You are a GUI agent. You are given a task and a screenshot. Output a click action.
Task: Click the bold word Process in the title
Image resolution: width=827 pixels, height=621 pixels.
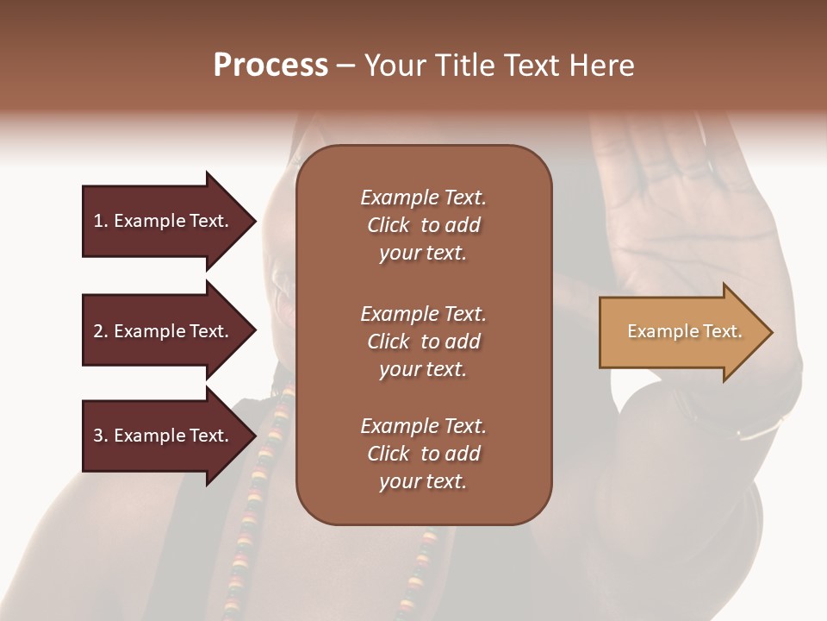[x=270, y=66]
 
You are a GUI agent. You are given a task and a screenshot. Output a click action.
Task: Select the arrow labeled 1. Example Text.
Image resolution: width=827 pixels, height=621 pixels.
[x=164, y=221]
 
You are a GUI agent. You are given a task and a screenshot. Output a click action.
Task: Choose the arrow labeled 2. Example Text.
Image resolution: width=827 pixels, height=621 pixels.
[x=164, y=331]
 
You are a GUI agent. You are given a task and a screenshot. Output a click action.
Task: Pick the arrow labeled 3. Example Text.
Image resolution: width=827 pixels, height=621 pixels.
[x=164, y=436]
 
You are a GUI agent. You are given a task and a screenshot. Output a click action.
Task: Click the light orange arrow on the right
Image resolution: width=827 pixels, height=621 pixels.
[x=681, y=332]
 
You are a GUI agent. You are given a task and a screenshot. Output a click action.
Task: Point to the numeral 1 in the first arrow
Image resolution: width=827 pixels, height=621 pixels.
[x=98, y=221]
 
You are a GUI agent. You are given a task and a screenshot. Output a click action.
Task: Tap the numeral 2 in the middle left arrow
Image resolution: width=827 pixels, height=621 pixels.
[x=98, y=331]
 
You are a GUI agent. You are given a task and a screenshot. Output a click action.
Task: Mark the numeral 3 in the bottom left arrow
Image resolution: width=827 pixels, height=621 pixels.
[x=98, y=436]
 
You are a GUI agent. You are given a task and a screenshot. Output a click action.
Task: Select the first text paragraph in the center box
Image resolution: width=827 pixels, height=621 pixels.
[x=423, y=225]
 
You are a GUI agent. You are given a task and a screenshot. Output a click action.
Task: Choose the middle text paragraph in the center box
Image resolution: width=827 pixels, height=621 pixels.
[x=423, y=341]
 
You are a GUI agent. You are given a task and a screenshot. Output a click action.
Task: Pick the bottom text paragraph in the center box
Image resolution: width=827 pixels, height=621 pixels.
[x=423, y=454]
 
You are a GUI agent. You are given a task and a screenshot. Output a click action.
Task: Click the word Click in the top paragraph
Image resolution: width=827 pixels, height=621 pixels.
[x=388, y=225]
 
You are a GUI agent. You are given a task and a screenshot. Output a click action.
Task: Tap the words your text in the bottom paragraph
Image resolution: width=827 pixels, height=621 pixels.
[x=423, y=481]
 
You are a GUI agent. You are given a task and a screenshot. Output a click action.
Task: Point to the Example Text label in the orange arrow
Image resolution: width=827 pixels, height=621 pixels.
[x=684, y=331]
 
